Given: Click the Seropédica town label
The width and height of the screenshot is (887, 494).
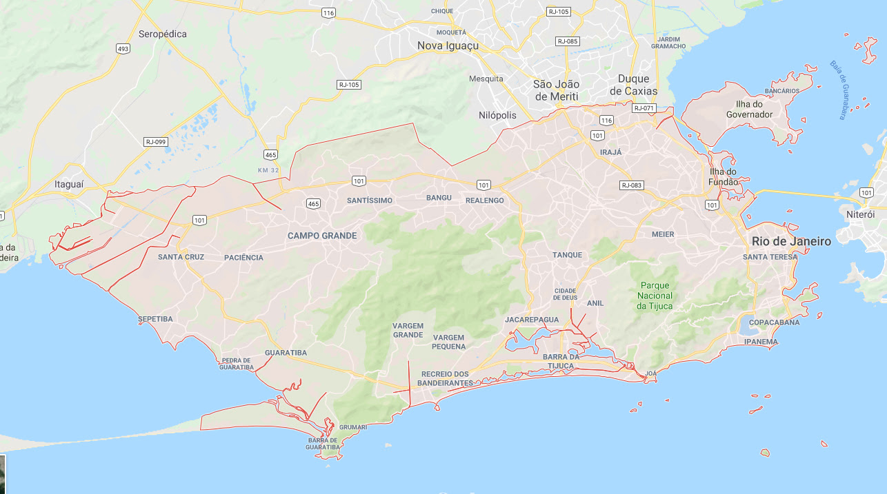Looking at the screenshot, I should pyautogui.click(x=162, y=34).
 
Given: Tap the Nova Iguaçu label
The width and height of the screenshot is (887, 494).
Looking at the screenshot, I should pyautogui.click(x=448, y=46).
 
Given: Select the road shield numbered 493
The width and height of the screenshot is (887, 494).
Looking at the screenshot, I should pyautogui.click(x=123, y=49).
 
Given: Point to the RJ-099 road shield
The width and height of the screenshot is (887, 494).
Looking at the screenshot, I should pyautogui.click(x=155, y=141).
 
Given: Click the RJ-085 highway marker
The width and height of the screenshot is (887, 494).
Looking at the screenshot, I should pyautogui.click(x=567, y=41).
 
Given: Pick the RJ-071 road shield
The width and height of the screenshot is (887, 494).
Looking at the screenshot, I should pyautogui.click(x=644, y=108).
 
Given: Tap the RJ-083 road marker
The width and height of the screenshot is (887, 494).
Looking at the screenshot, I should pyautogui.click(x=631, y=185).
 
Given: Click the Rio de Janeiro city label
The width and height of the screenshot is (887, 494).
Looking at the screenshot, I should pyautogui.click(x=791, y=241).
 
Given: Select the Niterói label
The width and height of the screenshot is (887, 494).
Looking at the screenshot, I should pyautogui.click(x=860, y=215).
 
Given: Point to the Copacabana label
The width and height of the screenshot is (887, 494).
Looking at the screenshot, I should pyautogui.click(x=774, y=322).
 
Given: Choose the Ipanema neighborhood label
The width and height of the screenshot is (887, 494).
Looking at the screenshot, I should pyautogui.click(x=761, y=342).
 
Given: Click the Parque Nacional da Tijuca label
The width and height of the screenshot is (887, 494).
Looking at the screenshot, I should pyautogui.click(x=655, y=296).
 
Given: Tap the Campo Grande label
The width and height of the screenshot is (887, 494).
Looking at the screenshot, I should pyautogui.click(x=322, y=236).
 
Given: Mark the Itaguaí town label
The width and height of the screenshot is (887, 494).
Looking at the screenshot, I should pyautogui.click(x=69, y=185).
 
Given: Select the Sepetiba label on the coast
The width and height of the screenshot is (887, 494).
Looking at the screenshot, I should pyautogui.click(x=155, y=319).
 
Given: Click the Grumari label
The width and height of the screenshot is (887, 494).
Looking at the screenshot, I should pyautogui.click(x=353, y=427).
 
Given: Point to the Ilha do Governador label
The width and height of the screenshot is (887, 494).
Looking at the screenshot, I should pyautogui.click(x=749, y=109).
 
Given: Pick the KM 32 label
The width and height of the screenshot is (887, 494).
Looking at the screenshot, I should pyautogui.click(x=269, y=170).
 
